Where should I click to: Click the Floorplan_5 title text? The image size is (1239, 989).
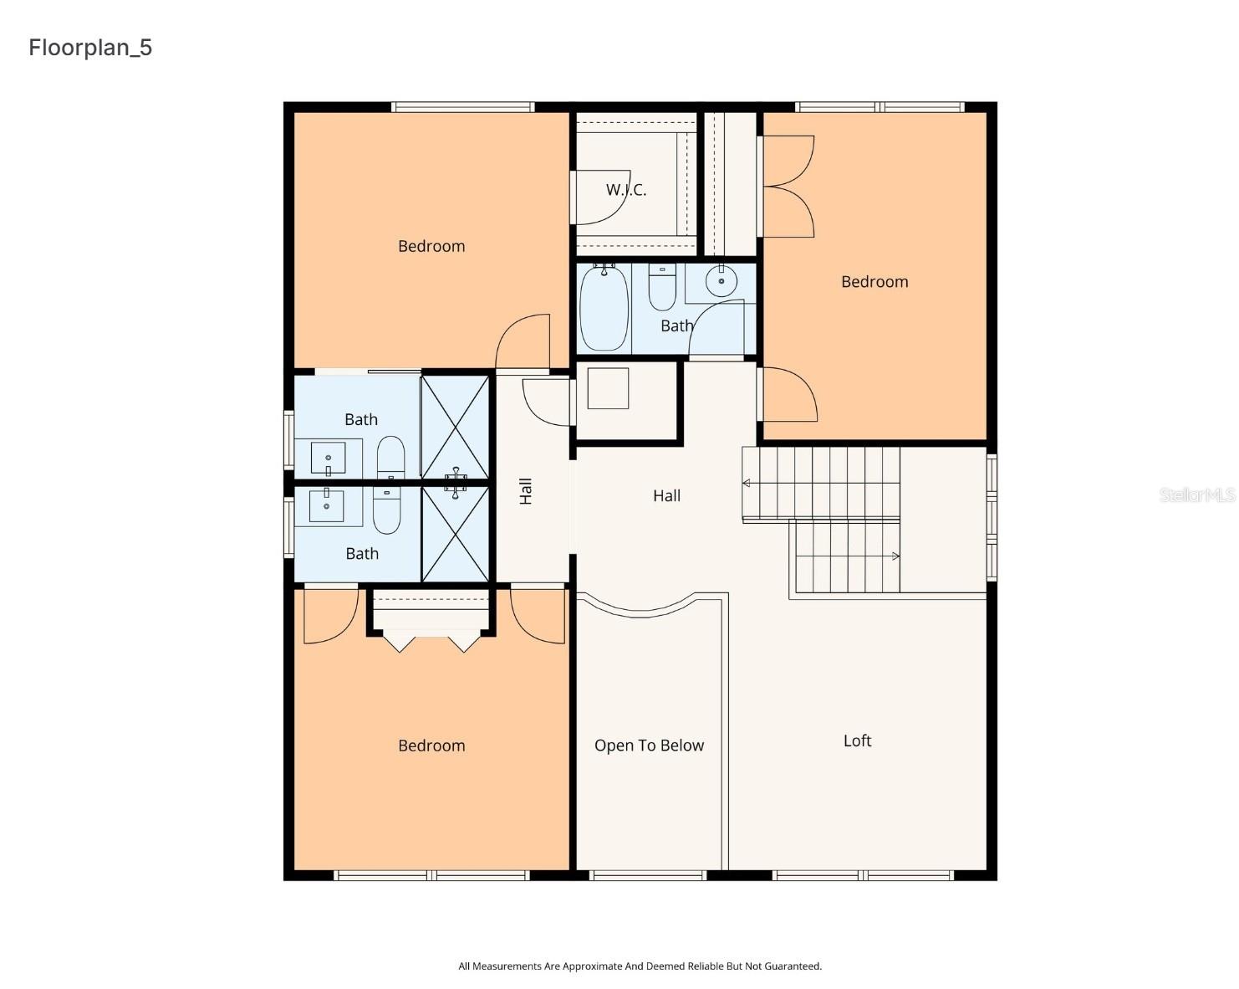tap(90, 48)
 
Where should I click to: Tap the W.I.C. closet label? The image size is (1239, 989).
tap(626, 190)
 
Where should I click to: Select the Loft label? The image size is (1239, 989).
tap(857, 740)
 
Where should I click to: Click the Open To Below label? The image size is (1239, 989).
tap(649, 746)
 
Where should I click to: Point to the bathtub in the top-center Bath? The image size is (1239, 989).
tap(604, 308)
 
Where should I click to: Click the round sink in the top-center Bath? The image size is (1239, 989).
tap(721, 281)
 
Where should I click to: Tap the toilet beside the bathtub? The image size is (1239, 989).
tap(662, 287)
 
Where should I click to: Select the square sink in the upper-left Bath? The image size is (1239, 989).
tap(329, 458)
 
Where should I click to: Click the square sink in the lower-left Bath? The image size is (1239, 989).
tap(327, 506)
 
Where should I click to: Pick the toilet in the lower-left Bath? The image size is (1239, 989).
tap(386, 510)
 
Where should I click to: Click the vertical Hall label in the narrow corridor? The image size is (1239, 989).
tap(526, 491)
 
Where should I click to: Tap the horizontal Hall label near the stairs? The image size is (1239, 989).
tap(666, 496)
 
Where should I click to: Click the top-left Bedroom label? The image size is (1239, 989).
tap(431, 246)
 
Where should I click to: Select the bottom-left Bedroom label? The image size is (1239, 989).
tap(431, 746)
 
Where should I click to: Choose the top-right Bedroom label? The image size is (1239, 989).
tap(874, 282)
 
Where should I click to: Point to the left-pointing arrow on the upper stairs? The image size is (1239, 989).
tap(747, 483)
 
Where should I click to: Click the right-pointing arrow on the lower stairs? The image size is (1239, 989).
tap(895, 556)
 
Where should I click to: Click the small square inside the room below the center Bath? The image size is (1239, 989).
tap(608, 388)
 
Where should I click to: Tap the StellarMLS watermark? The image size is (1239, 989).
tap(1196, 495)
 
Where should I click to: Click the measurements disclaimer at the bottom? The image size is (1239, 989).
tap(640, 966)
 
